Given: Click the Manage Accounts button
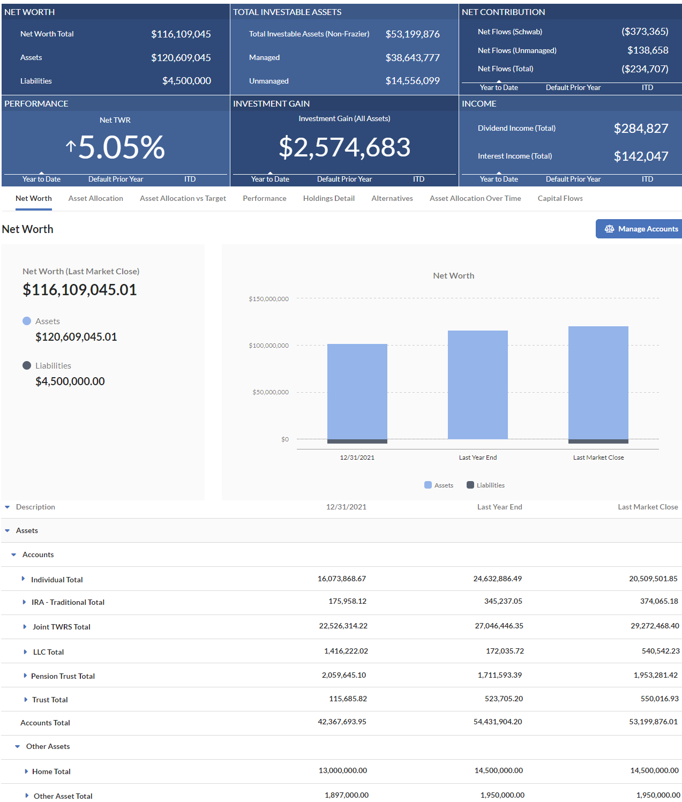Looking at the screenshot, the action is pyautogui.click(x=639, y=229).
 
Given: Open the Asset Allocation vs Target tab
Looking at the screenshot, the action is pyautogui.click(x=183, y=198).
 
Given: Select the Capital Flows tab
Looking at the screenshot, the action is pyautogui.click(x=560, y=198).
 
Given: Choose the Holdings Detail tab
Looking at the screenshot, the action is pyautogui.click(x=328, y=198).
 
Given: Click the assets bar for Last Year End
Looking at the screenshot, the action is pyautogui.click(x=477, y=385).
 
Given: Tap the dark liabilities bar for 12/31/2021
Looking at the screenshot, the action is pyautogui.click(x=357, y=441).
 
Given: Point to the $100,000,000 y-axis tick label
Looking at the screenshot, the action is pyautogui.click(x=268, y=346).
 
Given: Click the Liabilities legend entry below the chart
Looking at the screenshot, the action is pyautogui.click(x=486, y=485).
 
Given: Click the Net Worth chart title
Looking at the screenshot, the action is pyautogui.click(x=453, y=275).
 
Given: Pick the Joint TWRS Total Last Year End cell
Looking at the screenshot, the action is pyautogui.click(x=499, y=626).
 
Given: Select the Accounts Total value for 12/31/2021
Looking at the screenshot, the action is pyautogui.click(x=342, y=722).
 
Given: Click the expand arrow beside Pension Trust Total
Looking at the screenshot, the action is pyautogui.click(x=25, y=676).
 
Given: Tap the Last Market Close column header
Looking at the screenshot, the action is pyautogui.click(x=648, y=507).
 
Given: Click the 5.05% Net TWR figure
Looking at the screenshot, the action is pyautogui.click(x=122, y=147).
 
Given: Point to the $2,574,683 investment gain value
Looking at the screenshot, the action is pyautogui.click(x=344, y=147).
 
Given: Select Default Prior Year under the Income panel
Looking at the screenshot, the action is pyautogui.click(x=573, y=179).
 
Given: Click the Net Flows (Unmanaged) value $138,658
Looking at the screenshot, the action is pyautogui.click(x=648, y=50).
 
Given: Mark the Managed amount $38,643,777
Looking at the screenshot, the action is pyautogui.click(x=413, y=58).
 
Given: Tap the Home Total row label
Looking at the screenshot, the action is pyautogui.click(x=51, y=771).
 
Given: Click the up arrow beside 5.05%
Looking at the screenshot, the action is pyautogui.click(x=71, y=146).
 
